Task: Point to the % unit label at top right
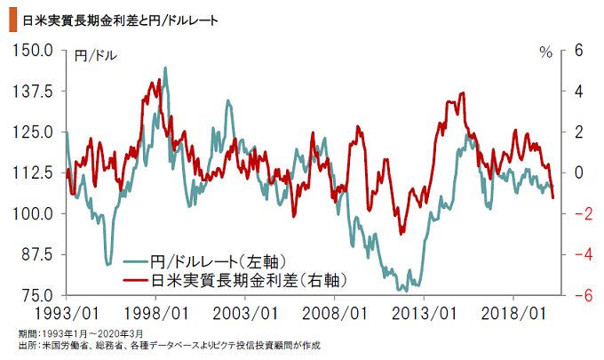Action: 545,52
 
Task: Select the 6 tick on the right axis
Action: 576,51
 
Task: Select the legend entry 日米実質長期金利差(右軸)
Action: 248,280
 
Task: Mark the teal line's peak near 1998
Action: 165,68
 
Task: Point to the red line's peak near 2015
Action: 462,92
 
